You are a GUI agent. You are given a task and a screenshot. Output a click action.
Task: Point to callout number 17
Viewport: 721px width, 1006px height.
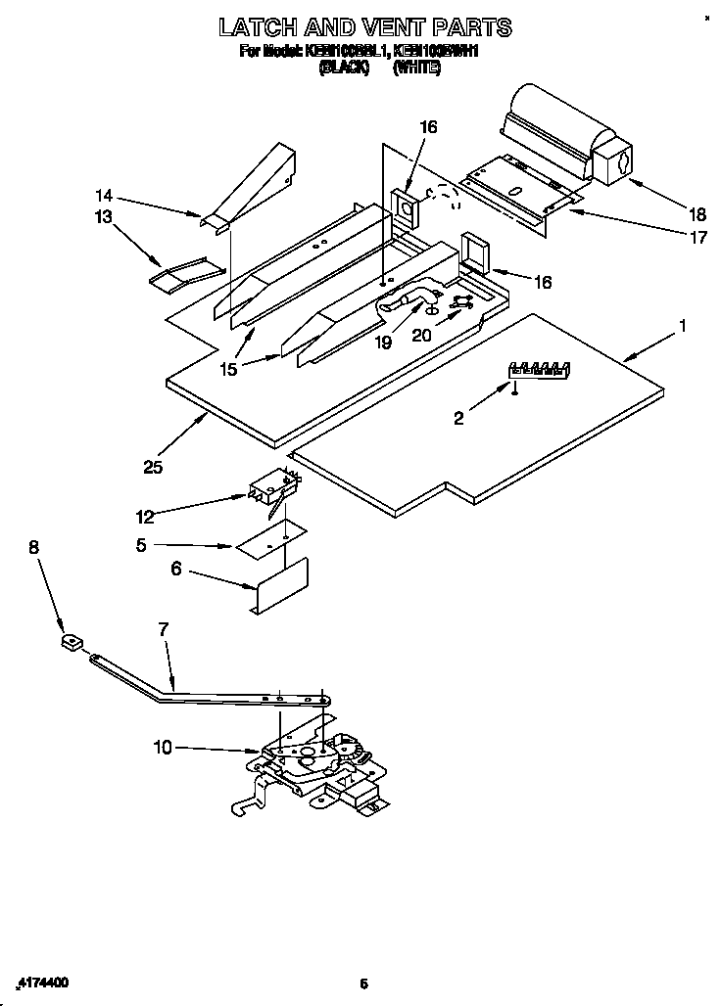697,237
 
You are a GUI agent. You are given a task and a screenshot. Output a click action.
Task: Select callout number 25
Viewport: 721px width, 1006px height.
153,467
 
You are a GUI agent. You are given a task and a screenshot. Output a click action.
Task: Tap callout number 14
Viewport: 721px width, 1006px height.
104,194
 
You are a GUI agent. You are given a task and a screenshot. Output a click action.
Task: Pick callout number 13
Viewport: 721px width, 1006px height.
104,216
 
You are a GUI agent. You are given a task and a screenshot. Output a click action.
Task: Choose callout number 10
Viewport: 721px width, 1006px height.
163,748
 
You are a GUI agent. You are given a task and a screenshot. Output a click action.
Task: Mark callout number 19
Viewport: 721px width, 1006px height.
383,343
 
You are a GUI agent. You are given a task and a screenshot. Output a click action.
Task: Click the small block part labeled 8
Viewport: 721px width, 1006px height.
70,644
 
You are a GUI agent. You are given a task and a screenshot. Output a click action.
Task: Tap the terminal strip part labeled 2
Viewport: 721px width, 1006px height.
538,369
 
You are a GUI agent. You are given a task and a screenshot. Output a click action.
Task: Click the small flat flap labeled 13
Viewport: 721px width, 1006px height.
177,275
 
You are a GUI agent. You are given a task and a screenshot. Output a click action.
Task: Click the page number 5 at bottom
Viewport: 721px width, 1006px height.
362,983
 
